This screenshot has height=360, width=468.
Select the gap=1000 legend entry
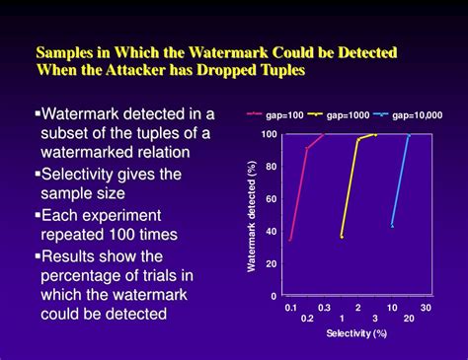[x=349, y=115]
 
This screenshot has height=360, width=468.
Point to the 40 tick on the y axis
[x=272, y=232]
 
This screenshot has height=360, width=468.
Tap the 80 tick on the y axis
[x=272, y=167]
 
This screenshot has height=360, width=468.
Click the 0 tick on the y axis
[x=274, y=296]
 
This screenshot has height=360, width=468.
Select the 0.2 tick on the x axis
[x=307, y=319]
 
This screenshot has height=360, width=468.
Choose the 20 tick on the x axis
[x=409, y=319]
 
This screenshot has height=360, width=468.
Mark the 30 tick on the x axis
[x=426, y=308]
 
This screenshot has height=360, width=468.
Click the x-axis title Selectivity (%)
[x=358, y=333]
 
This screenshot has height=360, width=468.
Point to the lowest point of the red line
[x=290, y=239]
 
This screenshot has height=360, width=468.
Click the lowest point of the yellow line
[x=342, y=237]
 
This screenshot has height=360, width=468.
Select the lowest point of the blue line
[x=392, y=226]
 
